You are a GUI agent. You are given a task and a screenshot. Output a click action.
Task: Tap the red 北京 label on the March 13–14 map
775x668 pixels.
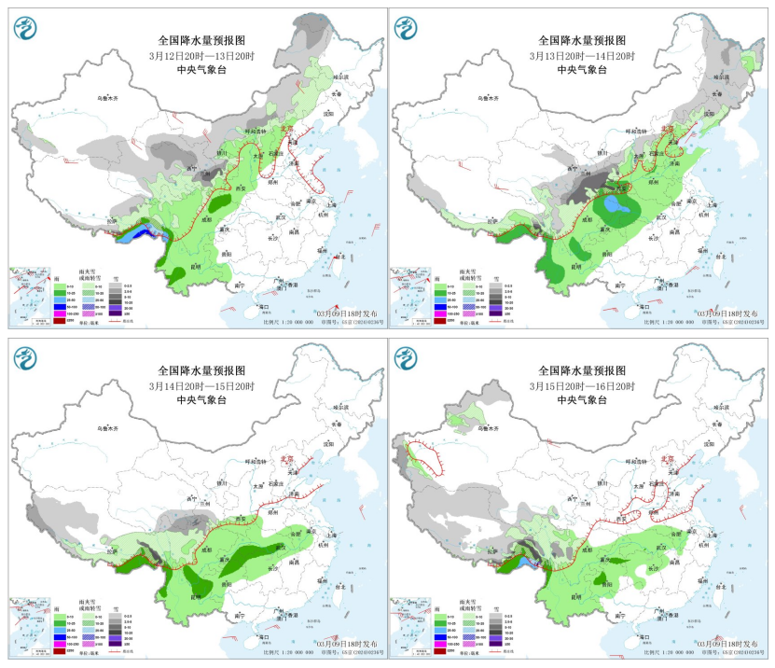[668, 131]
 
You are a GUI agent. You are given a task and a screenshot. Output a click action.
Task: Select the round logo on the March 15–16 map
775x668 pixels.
[408, 359]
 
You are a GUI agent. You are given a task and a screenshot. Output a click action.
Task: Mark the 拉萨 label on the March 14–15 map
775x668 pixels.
[114, 558]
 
